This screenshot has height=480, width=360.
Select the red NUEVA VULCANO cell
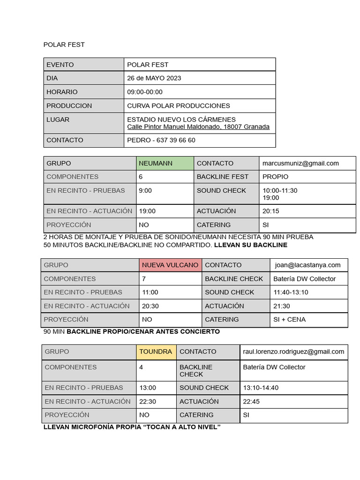click(170, 265)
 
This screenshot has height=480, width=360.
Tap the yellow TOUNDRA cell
click(156, 352)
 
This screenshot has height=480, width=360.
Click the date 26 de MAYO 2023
click(154, 78)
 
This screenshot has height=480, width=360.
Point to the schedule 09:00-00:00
click(145, 92)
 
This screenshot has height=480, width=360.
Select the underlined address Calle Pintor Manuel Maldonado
click(198, 127)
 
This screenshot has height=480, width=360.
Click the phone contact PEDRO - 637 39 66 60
click(161, 140)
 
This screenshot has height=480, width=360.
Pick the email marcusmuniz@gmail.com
click(300, 164)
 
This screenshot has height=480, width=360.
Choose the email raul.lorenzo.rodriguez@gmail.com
click(293, 352)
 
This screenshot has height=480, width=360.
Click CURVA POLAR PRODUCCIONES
click(179, 106)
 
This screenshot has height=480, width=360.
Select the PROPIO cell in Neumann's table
click(276, 177)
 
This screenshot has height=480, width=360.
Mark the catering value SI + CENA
click(289, 320)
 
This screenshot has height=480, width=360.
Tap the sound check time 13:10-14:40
click(261, 388)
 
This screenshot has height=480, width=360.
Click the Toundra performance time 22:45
click(251, 402)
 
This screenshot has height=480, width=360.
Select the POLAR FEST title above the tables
click(64, 45)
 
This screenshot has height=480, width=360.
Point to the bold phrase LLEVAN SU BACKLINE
click(251, 245)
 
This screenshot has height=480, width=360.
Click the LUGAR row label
click(58, 120)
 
